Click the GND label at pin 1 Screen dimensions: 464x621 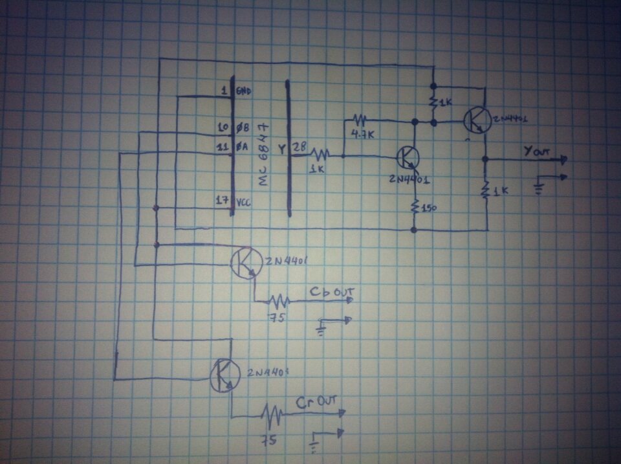point(244,91)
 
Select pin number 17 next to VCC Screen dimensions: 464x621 point(220,201)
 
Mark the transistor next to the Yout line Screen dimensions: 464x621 point(477,120)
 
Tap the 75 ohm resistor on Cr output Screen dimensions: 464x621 point(272,413)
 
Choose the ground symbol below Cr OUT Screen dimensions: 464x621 point(316,443)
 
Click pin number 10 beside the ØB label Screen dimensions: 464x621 point(221,127)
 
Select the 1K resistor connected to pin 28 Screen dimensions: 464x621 point(320,155)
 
